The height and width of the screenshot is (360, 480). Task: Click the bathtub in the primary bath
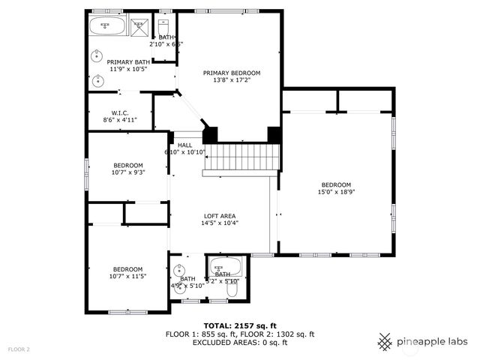pyautogui.click(x=107, y=27)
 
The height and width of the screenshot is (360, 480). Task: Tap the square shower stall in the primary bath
pyautogui.click(x=139, y=27)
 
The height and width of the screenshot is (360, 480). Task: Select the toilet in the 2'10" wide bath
pyautogui.click(x=166, y=26)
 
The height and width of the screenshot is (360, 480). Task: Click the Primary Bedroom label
pyautogui.click(x=232, y=73)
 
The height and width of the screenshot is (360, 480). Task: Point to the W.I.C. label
pyautogui.click(x=120, y=112)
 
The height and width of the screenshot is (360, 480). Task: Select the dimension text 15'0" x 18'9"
pyautogui.click(x=337, y=191)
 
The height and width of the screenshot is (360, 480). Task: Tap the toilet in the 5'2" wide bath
pyautogui.click(x=232, y=289)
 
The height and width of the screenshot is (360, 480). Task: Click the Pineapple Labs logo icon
pyautogui.click(x=385, y=341)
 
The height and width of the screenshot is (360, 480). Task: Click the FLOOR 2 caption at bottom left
pyautogui.click(x=19, y=349)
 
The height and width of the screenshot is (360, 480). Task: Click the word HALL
pyautogui.click(x=184, y=145)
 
